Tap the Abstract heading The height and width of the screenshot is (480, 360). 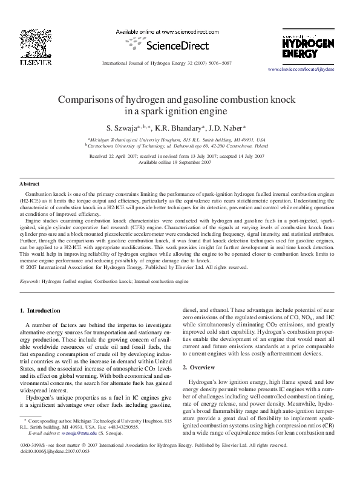pos(30,183)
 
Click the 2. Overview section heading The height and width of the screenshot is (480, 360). pos(203,368)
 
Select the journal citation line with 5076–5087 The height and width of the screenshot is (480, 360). pos(166,63)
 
